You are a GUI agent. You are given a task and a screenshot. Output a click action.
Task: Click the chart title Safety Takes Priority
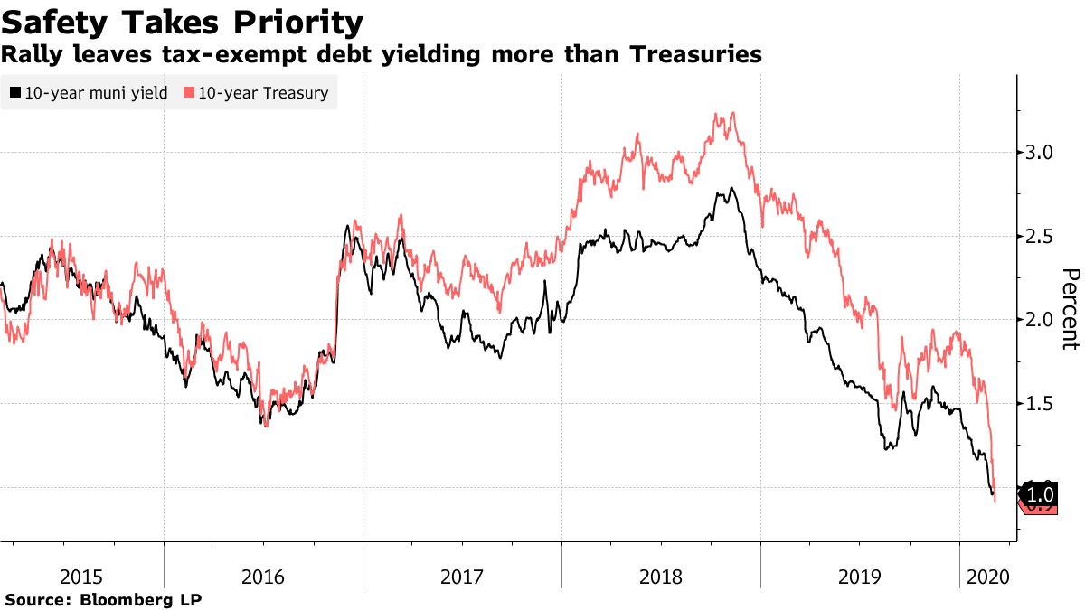184,22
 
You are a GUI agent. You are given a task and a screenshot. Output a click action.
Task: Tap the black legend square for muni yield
15,92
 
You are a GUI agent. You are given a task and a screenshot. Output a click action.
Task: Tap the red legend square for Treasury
189,92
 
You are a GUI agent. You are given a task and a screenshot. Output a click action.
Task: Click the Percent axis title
1071,308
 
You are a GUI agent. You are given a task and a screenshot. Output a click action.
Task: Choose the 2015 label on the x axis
81,576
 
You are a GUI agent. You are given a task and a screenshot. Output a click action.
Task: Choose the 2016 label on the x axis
263,576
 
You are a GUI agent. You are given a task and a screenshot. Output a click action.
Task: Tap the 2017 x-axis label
462,576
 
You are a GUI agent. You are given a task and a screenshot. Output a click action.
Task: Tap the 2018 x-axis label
661,576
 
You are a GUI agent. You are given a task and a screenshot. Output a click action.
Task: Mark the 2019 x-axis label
859,576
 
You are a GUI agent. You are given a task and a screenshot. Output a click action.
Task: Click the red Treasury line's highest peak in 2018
731,113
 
